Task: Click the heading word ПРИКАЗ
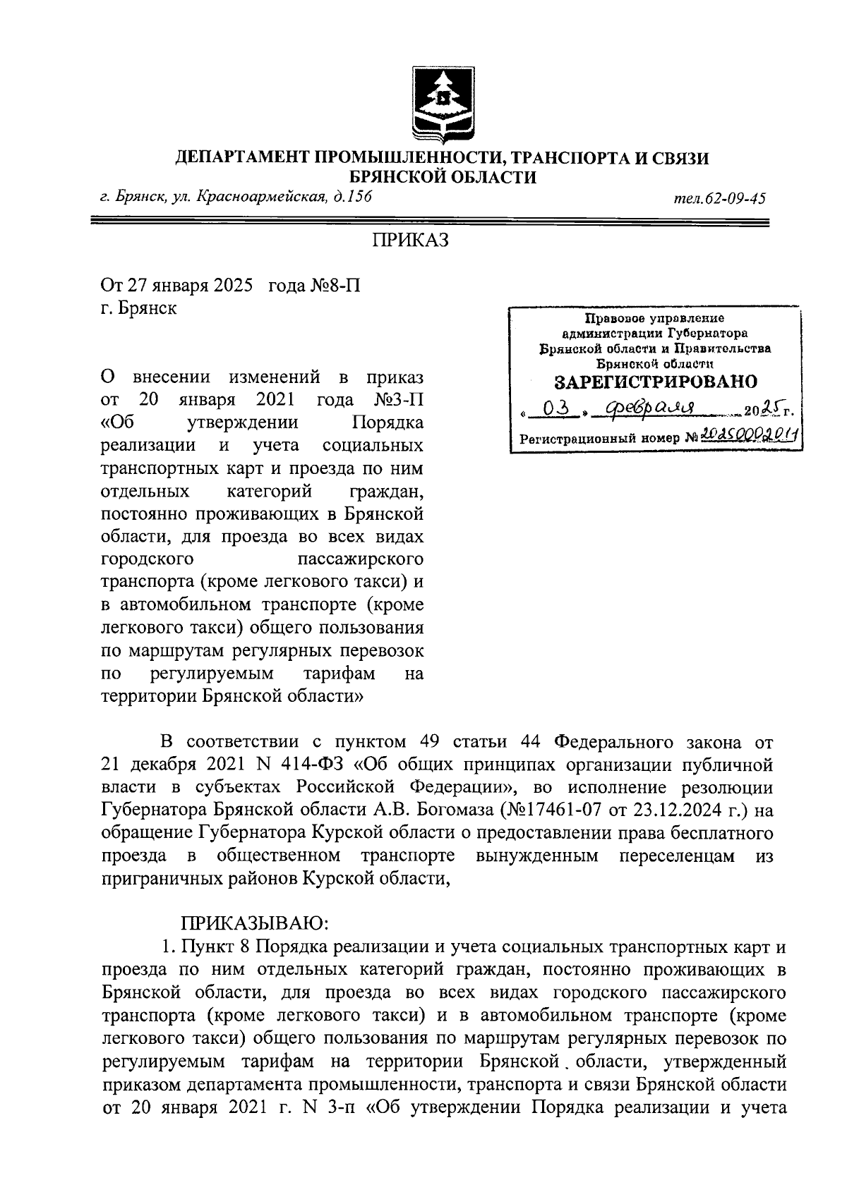411,241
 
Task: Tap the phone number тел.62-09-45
720,198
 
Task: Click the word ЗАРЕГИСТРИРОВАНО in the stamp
655,382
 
